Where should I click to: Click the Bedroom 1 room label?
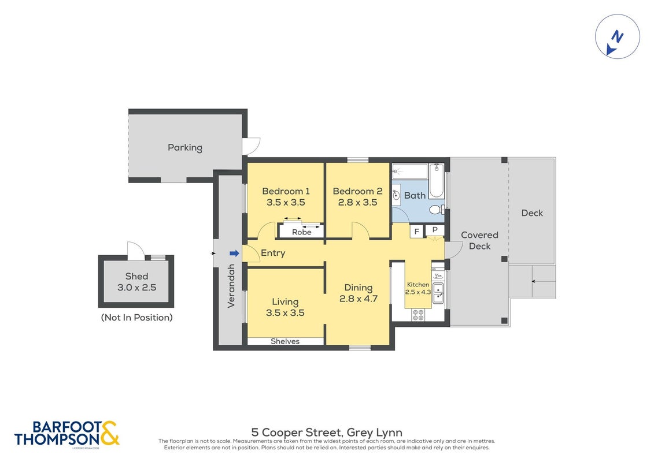point(286,191)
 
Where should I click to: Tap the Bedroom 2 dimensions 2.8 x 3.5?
point(357,203)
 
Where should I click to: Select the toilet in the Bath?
point(437,209)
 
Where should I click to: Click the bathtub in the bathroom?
point(437,180)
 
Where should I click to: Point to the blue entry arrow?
point(234,254)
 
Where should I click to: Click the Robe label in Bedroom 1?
point(302,232)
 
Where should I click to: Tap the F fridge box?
point(417,232)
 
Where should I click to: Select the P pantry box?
point(435,230)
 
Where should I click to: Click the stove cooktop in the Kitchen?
point(418,315)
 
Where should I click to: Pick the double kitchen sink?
point(438,293)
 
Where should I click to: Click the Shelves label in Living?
point(285,341)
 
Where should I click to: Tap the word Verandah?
point(231,286)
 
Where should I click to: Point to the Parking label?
point(185,147)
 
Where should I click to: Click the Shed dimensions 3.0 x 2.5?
point(137,288)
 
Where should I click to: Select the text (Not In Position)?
point(137,318)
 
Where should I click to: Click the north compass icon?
point(618,36)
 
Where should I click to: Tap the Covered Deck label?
point(479,240)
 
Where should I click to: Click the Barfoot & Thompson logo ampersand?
point(109,433)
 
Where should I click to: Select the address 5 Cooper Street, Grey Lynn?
point(327,433)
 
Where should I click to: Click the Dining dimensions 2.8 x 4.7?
point(359,299)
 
